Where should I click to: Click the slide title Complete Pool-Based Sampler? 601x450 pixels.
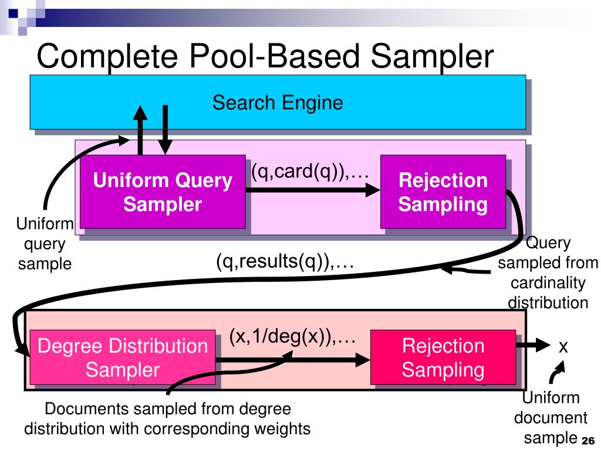[x=265, y=56]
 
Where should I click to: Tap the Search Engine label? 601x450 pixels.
[x=278, y=103]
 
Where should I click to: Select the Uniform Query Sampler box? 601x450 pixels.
[x=163, y=192]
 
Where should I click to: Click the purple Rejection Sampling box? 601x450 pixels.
[x=443, y=192]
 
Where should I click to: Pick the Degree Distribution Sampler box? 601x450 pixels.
[x=122, y=357]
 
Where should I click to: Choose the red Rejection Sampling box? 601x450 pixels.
[x=443, y=357]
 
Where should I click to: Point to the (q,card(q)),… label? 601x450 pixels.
[x=310, y=171]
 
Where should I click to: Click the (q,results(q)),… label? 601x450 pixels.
[x=285, y=261]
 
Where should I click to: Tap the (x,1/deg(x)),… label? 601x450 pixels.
[x=292, y=336]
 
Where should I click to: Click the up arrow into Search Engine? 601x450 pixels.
[x=140, y=130]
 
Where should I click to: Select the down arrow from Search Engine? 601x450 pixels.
[x=165, y=130]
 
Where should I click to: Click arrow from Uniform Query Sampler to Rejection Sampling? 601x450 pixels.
[x=313, y=190]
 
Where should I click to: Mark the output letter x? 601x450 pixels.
[x=563, y=347]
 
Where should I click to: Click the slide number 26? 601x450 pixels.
[x=588, y=441]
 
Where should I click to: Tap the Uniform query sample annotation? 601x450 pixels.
[x=45, y=244]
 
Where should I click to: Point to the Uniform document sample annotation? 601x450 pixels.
[x=551, y=417]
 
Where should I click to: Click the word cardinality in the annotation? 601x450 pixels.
[x=548, y=283]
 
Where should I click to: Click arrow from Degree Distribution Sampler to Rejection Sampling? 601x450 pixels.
[x=293, y=360]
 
